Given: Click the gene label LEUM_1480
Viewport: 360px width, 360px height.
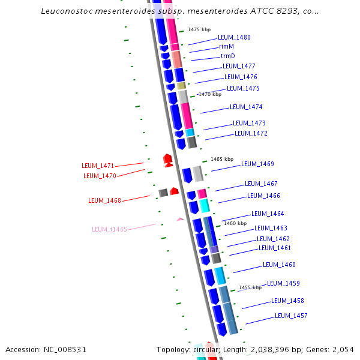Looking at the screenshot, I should pos(234,37).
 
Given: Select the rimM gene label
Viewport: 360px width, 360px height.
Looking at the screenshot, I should pos(226,46).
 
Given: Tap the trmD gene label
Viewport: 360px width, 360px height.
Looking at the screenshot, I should pos(228,56).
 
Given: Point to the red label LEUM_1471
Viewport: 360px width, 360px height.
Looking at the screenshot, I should pos(98,166).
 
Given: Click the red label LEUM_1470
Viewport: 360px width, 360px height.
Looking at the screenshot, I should pos(100,176).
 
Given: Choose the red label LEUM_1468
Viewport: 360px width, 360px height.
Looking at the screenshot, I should pos(104,200).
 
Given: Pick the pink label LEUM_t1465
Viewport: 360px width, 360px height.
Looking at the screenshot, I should pos(109,229).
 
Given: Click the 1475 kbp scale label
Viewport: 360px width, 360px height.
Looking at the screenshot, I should pos(199,29).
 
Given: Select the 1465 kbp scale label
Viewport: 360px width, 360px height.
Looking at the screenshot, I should pos(222,160).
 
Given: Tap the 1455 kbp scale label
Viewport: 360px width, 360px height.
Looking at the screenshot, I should pos(250,287).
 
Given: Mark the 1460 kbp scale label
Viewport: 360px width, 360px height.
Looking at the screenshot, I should pos(235,223).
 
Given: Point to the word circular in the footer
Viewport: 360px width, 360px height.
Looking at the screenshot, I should pos(205,349).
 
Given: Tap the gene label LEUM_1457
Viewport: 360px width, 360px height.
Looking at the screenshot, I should pos(291,316).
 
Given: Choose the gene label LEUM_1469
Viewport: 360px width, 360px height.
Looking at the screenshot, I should pos(257,164).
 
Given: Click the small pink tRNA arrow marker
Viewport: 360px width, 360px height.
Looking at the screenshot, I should pos(180,220).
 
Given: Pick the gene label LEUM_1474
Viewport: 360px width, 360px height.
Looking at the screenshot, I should pos(246,107).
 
